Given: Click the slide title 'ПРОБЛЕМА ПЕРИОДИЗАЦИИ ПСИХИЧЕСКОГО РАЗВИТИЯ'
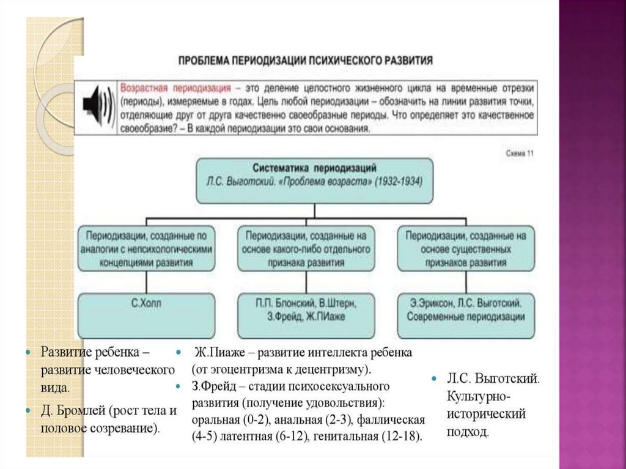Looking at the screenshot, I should [x=306, y=61].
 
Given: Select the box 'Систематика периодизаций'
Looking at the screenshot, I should [x=314, y=180].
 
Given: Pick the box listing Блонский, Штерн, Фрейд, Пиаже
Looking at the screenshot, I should [x=305, y=309].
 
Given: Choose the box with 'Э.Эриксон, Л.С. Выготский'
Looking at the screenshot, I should [x=466, y=309].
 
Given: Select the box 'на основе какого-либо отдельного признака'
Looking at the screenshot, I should [x=305, y=248].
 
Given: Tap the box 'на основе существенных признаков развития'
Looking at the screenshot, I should [x=466, y=248].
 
